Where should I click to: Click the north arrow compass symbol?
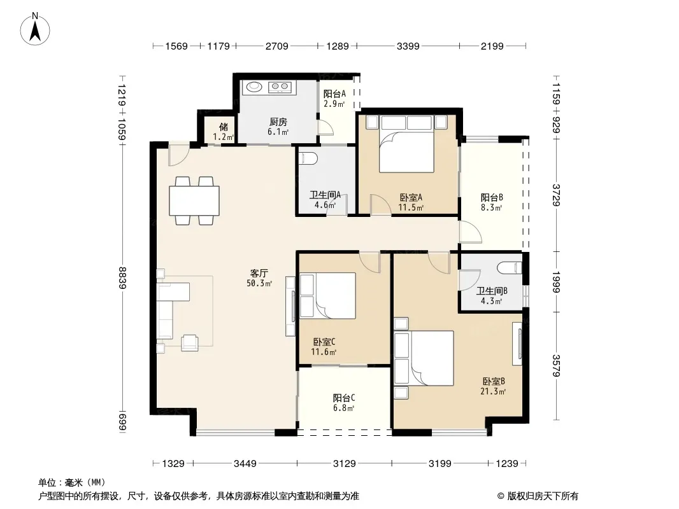[35, 29]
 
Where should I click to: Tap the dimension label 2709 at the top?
[276, 46]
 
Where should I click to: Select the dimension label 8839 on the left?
[122, 277]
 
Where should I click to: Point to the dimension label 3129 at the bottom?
[344, 464]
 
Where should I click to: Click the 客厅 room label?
[259, 274]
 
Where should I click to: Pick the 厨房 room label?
[278, 122]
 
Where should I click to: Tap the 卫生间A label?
[325, 195]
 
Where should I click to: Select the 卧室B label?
[493, 381]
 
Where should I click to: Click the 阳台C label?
[344, 398]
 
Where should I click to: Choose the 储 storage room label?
[224, 127]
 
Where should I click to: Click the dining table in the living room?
[194, 200]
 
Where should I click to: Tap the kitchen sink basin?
[254, 87]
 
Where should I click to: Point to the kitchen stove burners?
[280, 87]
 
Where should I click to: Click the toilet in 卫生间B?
[510, 268]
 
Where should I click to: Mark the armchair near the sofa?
[190, 343]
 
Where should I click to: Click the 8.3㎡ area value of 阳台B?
[491, 207]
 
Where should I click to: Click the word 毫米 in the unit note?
[73, 483]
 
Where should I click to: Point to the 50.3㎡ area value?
[259, 284]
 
